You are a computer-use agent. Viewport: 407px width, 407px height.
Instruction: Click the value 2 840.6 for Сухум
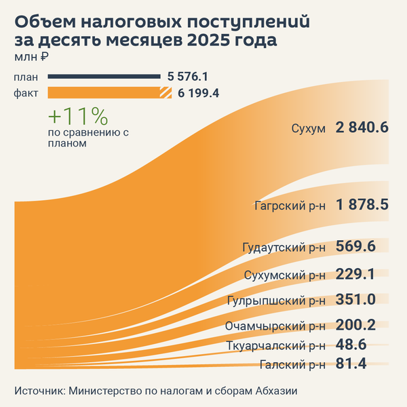coord(362,128)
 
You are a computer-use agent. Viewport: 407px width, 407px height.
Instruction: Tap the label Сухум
coord(309,128)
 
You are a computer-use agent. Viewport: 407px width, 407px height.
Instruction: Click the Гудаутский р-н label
coord(284,247)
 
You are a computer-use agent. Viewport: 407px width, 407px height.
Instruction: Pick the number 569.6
coord(355,246)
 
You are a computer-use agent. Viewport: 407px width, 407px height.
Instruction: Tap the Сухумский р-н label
coord(285,275)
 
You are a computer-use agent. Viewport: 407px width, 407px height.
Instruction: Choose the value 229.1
coord(355,275)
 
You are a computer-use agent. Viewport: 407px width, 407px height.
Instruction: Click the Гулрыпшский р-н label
coord(282,301)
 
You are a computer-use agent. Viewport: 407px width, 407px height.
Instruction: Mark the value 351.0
coord(356,300)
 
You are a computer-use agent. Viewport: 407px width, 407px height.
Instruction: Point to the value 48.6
coord(351,345)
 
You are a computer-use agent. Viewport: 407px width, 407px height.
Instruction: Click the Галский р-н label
coord(292,365)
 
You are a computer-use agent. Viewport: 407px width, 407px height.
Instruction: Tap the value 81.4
coord(351,364)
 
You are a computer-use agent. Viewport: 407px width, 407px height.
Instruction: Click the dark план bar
coord(102,77)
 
